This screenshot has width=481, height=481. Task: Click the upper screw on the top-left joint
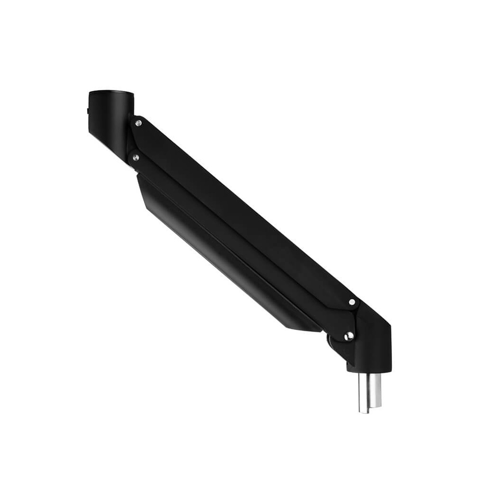pos(139,124)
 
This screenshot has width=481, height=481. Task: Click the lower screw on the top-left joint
pos(136,157)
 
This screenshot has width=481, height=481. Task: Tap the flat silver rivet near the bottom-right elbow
pos(352,302)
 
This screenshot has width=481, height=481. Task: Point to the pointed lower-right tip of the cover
pos(317,330)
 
